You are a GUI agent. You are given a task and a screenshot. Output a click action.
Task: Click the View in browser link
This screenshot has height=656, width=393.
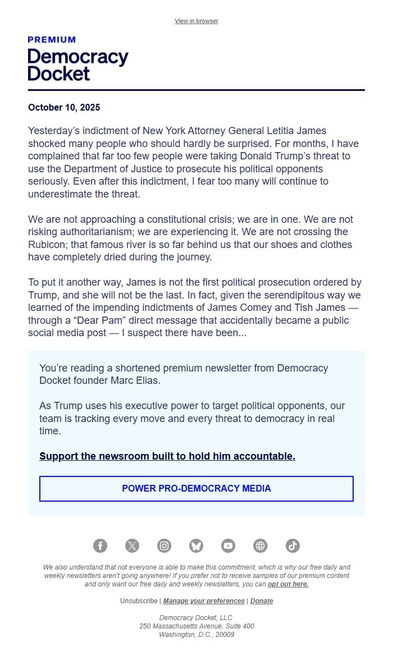tap(196, 21)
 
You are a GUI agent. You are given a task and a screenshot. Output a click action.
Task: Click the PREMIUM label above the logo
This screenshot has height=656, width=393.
tap(52, 40)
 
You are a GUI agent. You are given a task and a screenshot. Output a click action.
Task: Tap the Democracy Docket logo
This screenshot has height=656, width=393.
tap(77, 65)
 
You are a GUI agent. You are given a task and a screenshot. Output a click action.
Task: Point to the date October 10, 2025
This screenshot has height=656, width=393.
tap(64, 107)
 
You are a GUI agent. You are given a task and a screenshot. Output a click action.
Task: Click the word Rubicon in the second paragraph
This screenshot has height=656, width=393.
tap(48, 245)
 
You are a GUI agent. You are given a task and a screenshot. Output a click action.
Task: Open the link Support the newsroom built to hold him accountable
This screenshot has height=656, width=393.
tap(167, 456)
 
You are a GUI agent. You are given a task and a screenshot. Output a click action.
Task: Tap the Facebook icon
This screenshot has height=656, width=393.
tap(100, 545)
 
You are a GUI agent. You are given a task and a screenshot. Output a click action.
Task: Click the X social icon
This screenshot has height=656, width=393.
tap(132, 545)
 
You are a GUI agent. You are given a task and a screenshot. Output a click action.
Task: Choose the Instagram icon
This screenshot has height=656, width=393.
tap(164, 545)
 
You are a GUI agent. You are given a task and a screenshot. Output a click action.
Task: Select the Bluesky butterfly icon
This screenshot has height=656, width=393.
tap(196, 545)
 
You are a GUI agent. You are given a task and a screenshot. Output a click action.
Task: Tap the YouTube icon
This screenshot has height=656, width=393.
tap(228, 545)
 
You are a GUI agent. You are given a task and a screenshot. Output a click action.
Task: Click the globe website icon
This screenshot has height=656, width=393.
tap(261, 545)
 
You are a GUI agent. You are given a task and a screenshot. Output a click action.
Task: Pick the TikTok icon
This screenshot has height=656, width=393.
tap(293, 545)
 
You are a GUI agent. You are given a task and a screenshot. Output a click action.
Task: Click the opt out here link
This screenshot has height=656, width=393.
tap(288, 584)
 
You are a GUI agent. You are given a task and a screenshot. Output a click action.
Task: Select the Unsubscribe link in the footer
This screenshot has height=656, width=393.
tap(139, 601)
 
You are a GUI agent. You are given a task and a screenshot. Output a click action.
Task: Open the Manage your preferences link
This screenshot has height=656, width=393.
tap(204, 601)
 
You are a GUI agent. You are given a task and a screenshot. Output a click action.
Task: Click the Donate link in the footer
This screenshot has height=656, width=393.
tap(262, 601)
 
